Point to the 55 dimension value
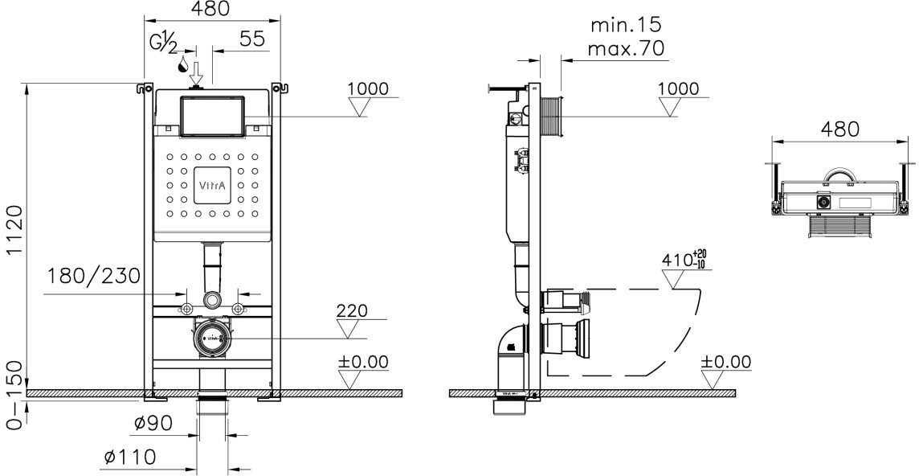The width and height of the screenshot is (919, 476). click(252, 39)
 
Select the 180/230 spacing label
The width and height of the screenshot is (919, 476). click(93, 277)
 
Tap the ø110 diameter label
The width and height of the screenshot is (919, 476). click(129, 457)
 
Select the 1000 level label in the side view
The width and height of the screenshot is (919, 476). click(678, 88)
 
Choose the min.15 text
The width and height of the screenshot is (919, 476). click(627, 25)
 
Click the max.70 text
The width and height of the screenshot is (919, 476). click(627, 49)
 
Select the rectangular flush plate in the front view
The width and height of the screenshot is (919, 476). click(213, 116)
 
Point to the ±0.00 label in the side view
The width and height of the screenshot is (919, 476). click(726, 362)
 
